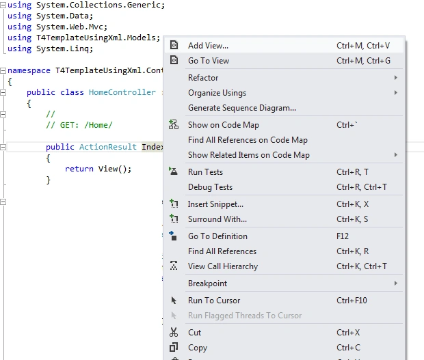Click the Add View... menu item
pyautogui.click(x=208, y=46)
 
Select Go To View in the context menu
pyautogui.click(x=209, y=61)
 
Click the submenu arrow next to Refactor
pyautogui.click(x=395, y=78)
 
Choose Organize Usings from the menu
pyautogui.click(x=217, y=93)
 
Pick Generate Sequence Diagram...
pyautogui.click(x=242, y=108)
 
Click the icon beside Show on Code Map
pyautogui.click(x=174, y=125)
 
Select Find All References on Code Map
pyautogui.click(x=248, y=140)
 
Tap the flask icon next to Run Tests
pyautogui.click(x=173, y=171)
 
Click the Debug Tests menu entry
pyautogui.click(x=210, y=187)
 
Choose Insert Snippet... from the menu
pyautogui.click(x=215, y=204)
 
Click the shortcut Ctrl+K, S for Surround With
pyautogui.click(x=352, y=219)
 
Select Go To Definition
pyautogui.click(x=217, y=236)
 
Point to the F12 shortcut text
pyautogui.click(x=343, y=236)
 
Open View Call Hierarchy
pyautogui.click(x=223, y=266)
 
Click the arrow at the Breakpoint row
pyautogui.click(x=395, y=283)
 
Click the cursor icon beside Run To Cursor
pyautogui.click(x=174, y=301)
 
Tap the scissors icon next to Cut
pyautogui.click(x=174, y=332)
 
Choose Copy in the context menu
pyautogui.click(x=198, y=348)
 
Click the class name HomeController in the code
pyautogui.click(x=122, y=92)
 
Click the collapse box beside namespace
pyautogui.click(x=3, y=71)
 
